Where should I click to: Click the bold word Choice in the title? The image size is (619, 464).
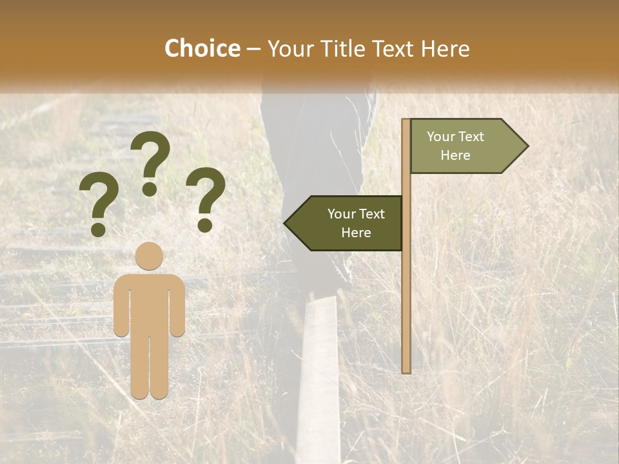click(202, 49)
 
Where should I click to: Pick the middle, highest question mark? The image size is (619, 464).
click(151, 158)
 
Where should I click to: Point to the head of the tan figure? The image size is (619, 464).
click(149, 256)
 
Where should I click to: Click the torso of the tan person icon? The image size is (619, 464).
click(149, 303)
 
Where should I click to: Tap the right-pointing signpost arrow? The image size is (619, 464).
click(464, 146)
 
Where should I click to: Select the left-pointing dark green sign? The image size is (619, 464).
click(348, 223)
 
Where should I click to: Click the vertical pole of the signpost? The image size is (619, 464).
click(406, 290)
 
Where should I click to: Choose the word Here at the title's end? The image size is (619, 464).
click(445, 49)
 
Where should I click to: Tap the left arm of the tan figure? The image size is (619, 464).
click(121, 306)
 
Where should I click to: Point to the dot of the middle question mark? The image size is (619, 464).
click(150, 189)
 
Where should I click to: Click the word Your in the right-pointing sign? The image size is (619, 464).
click(441, 137)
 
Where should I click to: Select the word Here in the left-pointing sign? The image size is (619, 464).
click(356, 233)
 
